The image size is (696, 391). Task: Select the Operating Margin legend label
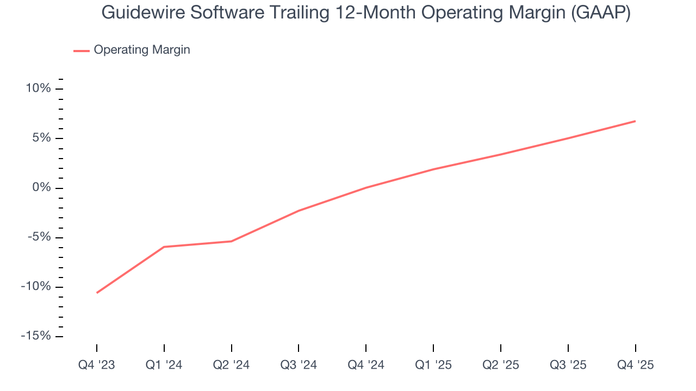pos(142,50)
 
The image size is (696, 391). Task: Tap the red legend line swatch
pos(82,51)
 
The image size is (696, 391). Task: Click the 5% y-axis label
pos(41,138)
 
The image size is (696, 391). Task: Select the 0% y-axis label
pos(41,188)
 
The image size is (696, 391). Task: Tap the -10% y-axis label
pos(36,287)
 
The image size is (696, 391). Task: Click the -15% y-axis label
pos(36,336)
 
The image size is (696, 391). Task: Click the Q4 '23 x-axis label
pos(97,365)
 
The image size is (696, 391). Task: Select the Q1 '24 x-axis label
pos(164,365)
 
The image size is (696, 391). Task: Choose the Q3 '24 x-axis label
pos(299,365)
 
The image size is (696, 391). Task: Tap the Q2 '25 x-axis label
pos(501,365)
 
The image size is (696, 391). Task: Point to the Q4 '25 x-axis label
pos(635,365)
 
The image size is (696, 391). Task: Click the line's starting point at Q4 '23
pos(97,293)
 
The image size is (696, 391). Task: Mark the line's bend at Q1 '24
pos(164,247)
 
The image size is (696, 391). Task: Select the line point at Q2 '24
pos(231,241)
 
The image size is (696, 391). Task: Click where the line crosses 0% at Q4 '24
pos(366,188)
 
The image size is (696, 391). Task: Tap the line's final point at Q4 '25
pos(635,121)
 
